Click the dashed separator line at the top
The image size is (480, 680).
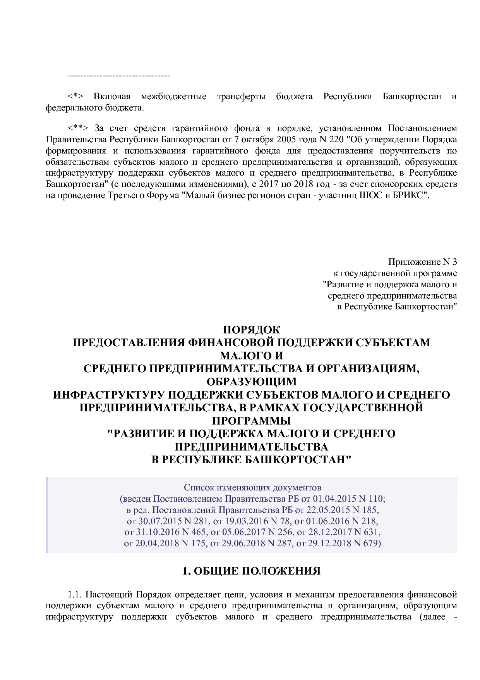(x=119, y=75)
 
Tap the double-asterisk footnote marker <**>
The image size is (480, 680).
(x=78, y=128)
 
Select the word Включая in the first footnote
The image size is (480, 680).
(x=112, y=97)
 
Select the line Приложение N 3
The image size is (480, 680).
(x=422, y=262)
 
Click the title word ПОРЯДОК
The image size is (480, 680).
(x=251, y=330)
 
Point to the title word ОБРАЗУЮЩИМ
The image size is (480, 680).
(x=251, y=382)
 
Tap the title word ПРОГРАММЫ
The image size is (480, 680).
(x=251, y=421)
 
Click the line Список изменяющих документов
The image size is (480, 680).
(x=252, y=487)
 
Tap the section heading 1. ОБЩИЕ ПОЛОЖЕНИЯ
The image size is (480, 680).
(x=251, y=571)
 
